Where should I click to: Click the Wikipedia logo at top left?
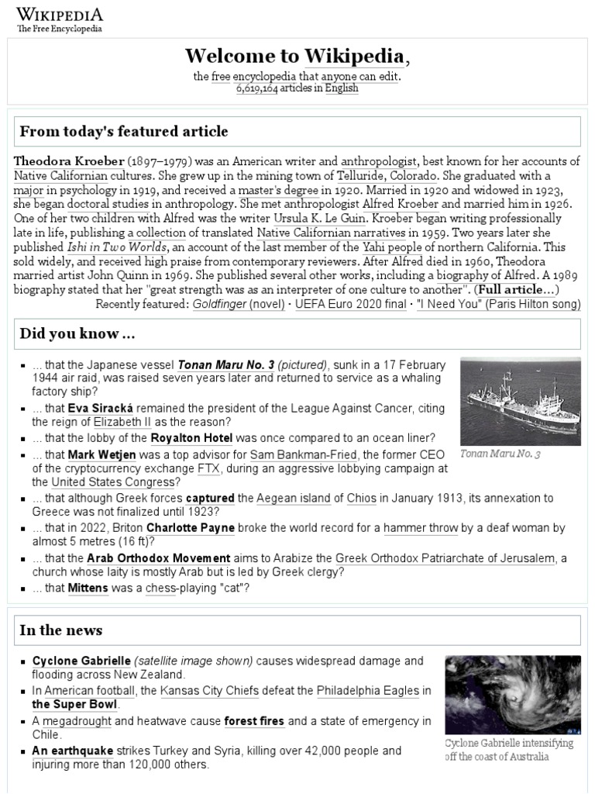[x=60, y=19]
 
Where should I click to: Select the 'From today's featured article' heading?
[x=124, y=131]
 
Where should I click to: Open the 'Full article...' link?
[x=516, y=289]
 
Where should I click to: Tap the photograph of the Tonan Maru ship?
[x=520, y=401]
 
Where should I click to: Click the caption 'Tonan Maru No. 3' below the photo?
[x=500, y=454]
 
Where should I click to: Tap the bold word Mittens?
[x=88, y=589]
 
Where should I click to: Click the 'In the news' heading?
[x=61, y=630]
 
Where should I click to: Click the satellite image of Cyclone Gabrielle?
[x=512, y=695]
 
